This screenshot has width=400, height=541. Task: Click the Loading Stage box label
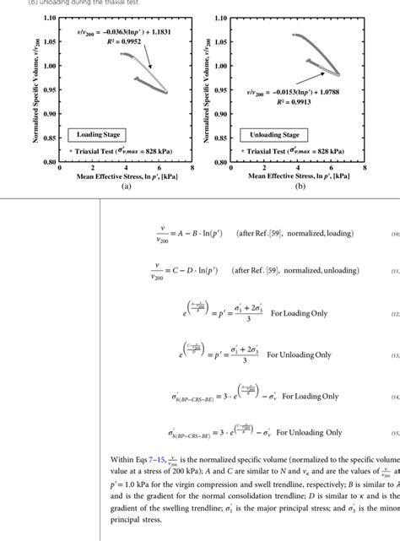click(99, 134)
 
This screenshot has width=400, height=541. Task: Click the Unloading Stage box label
click(269, 133)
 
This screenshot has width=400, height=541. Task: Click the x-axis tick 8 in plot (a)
click(193, 168)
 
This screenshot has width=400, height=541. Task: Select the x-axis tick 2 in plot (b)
click(262, 168)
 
